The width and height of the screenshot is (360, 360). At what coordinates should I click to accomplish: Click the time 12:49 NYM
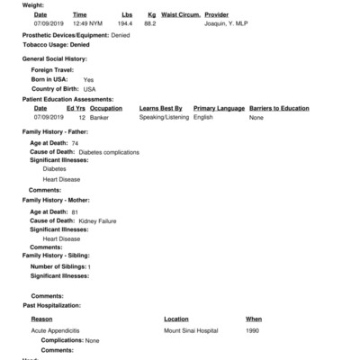click(86, 24)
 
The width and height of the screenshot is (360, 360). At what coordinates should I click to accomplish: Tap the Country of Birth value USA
click(89, 89)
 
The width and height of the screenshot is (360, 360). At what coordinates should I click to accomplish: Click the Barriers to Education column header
click(281, 108)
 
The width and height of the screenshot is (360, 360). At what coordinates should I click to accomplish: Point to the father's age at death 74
click(76, 143)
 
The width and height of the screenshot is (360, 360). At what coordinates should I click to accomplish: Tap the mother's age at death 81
click(76, 211)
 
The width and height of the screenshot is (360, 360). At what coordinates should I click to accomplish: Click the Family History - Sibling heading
click(56, 256)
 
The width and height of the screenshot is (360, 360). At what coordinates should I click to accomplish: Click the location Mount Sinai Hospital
click(191, 331)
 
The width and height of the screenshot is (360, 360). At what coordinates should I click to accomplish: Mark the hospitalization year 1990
click(254, 331)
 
